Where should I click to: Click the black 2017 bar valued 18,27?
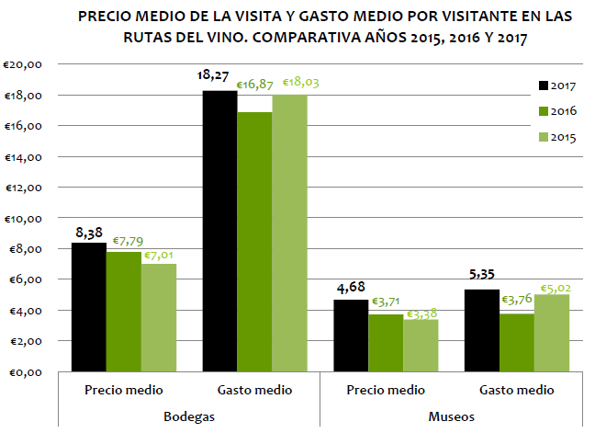click(x=219, y=231)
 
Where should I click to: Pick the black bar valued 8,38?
click(x=88, y=307)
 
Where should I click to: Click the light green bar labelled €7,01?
click(x=158, y=317)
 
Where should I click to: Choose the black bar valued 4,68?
click(x=352, y=335)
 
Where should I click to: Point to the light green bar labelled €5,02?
click(x=552, y=333)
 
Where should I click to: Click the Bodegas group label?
click(x=188, y=416)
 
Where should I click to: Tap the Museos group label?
click(x=451, y=416)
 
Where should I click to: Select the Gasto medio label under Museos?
click(x=517, y=390)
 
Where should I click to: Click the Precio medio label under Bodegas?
click(x=123, y=390)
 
